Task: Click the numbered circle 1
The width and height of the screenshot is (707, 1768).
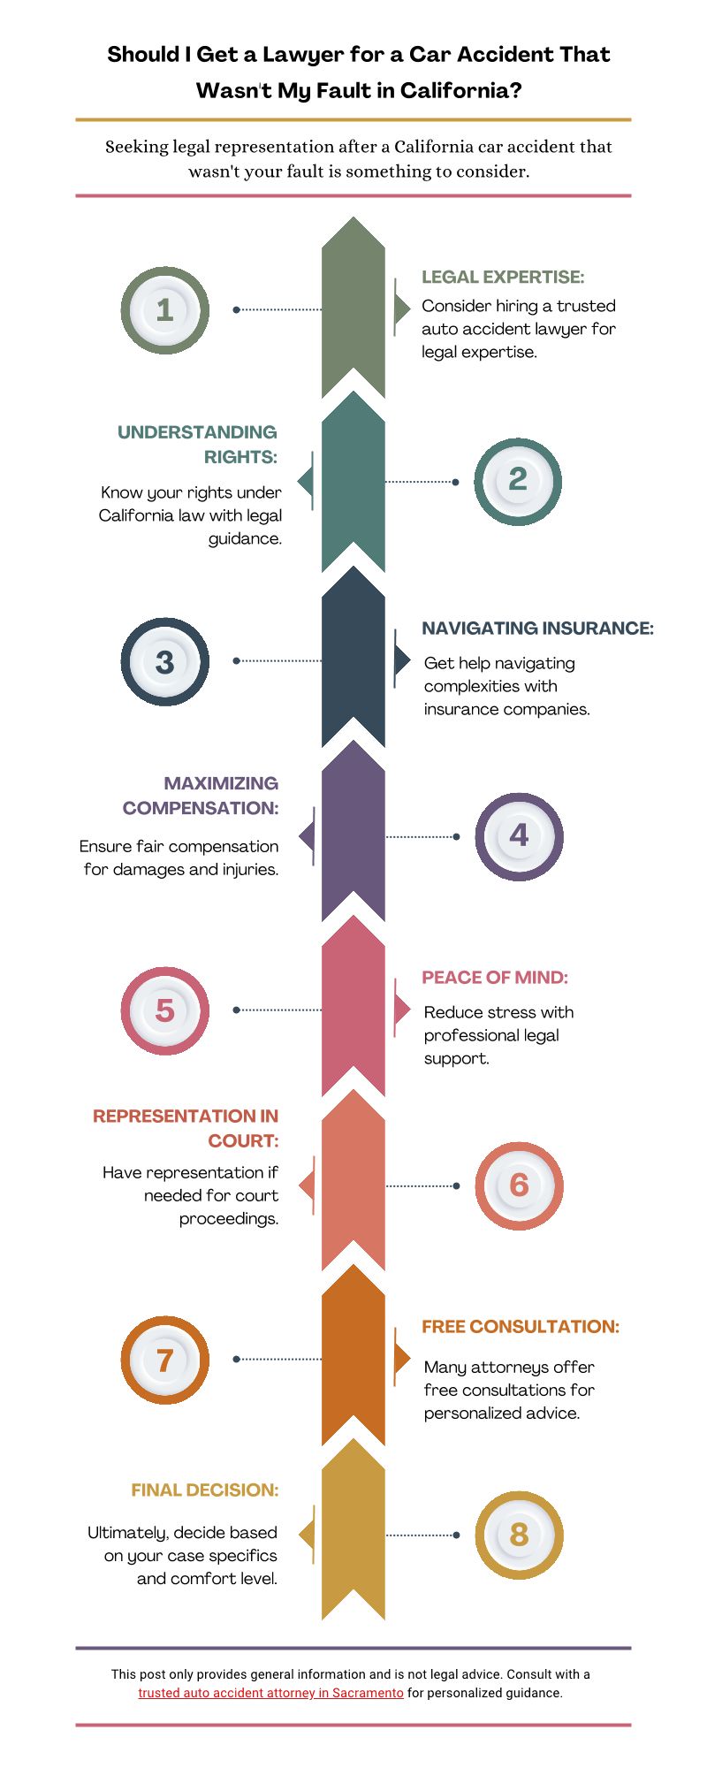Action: point(165,310)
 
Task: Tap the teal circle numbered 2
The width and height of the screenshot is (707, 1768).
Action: point(518,481)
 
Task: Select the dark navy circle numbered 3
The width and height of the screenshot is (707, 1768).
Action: point(165,661)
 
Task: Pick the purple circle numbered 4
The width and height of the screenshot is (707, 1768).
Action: point(519,836)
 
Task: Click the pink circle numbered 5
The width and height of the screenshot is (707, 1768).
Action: point(165,1010)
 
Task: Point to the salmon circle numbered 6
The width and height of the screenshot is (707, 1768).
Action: point(519,1185)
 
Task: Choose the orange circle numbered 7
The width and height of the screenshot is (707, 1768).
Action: point(165,1360)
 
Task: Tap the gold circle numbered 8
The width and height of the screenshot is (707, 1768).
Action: point(519,1535)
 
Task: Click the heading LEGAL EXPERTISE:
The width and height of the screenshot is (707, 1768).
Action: point(503,277)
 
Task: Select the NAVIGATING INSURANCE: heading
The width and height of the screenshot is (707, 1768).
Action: point(537,629)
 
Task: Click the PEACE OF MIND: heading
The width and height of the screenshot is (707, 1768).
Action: point(495,978)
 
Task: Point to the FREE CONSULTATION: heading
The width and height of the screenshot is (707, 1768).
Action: point(521,1327)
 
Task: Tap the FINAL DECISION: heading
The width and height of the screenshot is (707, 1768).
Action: point(205,1490)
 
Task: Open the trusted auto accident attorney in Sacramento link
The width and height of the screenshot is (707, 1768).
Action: point(270,1693)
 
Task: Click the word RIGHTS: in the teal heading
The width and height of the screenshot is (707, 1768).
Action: point(240,457)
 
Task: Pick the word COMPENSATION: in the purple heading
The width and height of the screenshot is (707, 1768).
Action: point(201,808)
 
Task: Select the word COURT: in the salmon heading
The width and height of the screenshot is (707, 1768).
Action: point(243,1141)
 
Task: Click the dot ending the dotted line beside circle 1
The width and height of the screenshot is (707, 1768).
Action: point(236,310)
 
